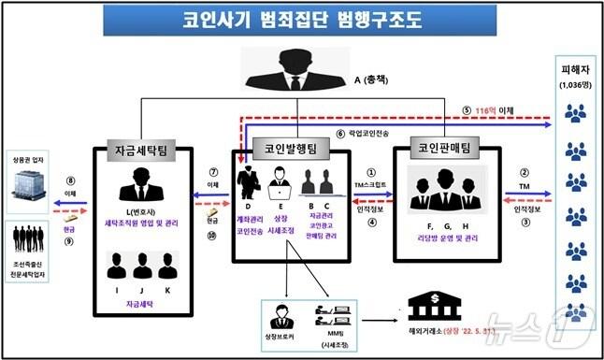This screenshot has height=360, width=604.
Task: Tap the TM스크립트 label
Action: coord(371,185)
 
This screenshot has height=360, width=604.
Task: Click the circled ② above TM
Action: coord(524,172)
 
